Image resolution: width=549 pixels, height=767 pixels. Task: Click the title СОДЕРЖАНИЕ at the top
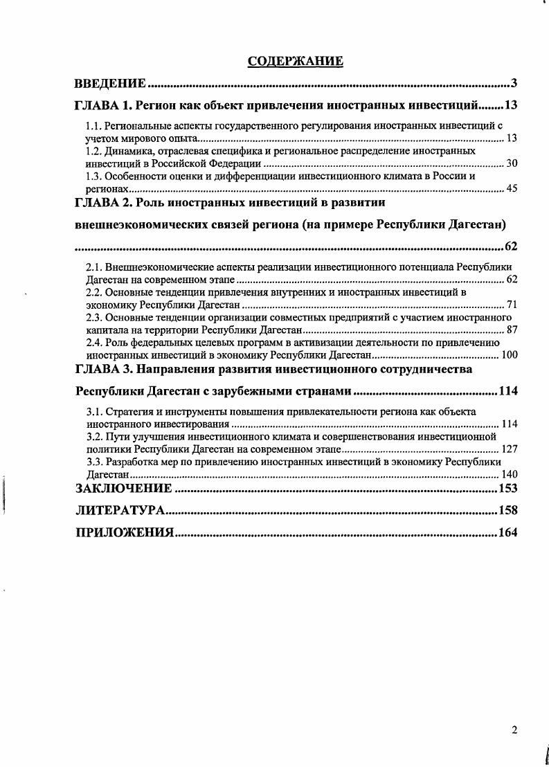(295, 62)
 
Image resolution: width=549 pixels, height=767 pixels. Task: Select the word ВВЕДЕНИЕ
(110, 84)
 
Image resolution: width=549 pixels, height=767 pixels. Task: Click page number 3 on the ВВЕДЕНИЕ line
(514, 84)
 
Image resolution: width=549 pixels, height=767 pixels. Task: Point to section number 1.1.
(93, 127)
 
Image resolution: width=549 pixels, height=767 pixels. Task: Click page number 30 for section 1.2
(512, 163)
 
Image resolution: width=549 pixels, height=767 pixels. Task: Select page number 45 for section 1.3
(512, 188)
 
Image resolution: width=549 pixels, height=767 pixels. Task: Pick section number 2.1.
(93, 267)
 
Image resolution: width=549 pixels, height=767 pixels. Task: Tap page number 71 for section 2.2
(512, 305)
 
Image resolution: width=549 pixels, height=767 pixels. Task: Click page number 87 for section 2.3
(512, 330)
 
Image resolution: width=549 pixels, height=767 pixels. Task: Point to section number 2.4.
(93, 343)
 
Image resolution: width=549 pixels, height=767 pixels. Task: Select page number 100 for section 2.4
(509, 354)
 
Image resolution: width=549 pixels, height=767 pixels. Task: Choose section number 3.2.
(93, 437)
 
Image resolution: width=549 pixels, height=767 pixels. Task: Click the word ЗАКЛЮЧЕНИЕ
(123, 489)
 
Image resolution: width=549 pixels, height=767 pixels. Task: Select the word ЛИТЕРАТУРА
(119, 511)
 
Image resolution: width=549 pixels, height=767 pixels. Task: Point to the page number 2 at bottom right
(514, 730)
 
